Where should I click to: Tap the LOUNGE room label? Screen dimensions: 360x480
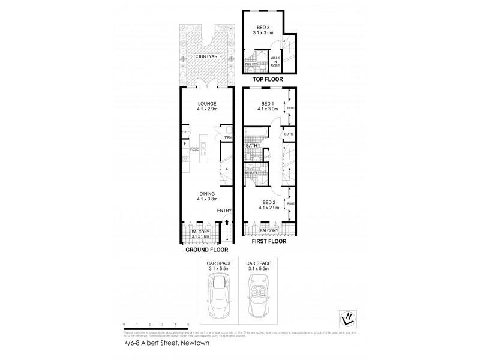tap(208, 103)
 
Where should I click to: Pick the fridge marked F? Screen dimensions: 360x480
tap(185, 143)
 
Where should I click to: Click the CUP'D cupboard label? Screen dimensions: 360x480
tap(287, 134)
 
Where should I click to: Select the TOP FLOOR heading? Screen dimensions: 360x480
tap(267, 79)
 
